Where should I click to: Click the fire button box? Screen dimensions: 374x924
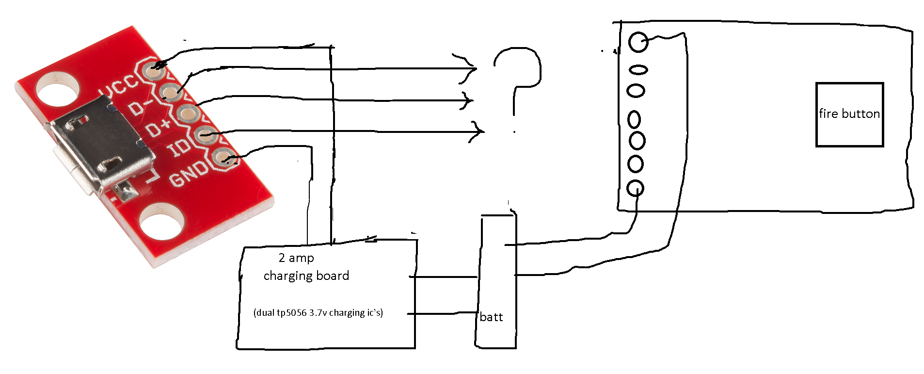(x=849, y=114)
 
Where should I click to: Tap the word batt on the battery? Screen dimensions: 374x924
(x=491, y=317)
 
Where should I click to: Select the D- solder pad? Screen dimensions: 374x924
(x=170, y=91)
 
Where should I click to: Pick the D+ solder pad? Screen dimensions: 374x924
(x=187, y=114)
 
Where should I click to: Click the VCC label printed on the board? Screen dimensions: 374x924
(x=118, y=87)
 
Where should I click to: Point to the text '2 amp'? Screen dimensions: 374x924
(x=296, y=258)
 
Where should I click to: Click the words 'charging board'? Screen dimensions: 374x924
(x=306, y=276)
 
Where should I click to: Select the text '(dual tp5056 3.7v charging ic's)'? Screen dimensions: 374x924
(x=318, y=312)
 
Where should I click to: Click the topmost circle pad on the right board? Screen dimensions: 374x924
(x=638, y=42)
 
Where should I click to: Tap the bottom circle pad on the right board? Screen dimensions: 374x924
(x=635, y=188)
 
